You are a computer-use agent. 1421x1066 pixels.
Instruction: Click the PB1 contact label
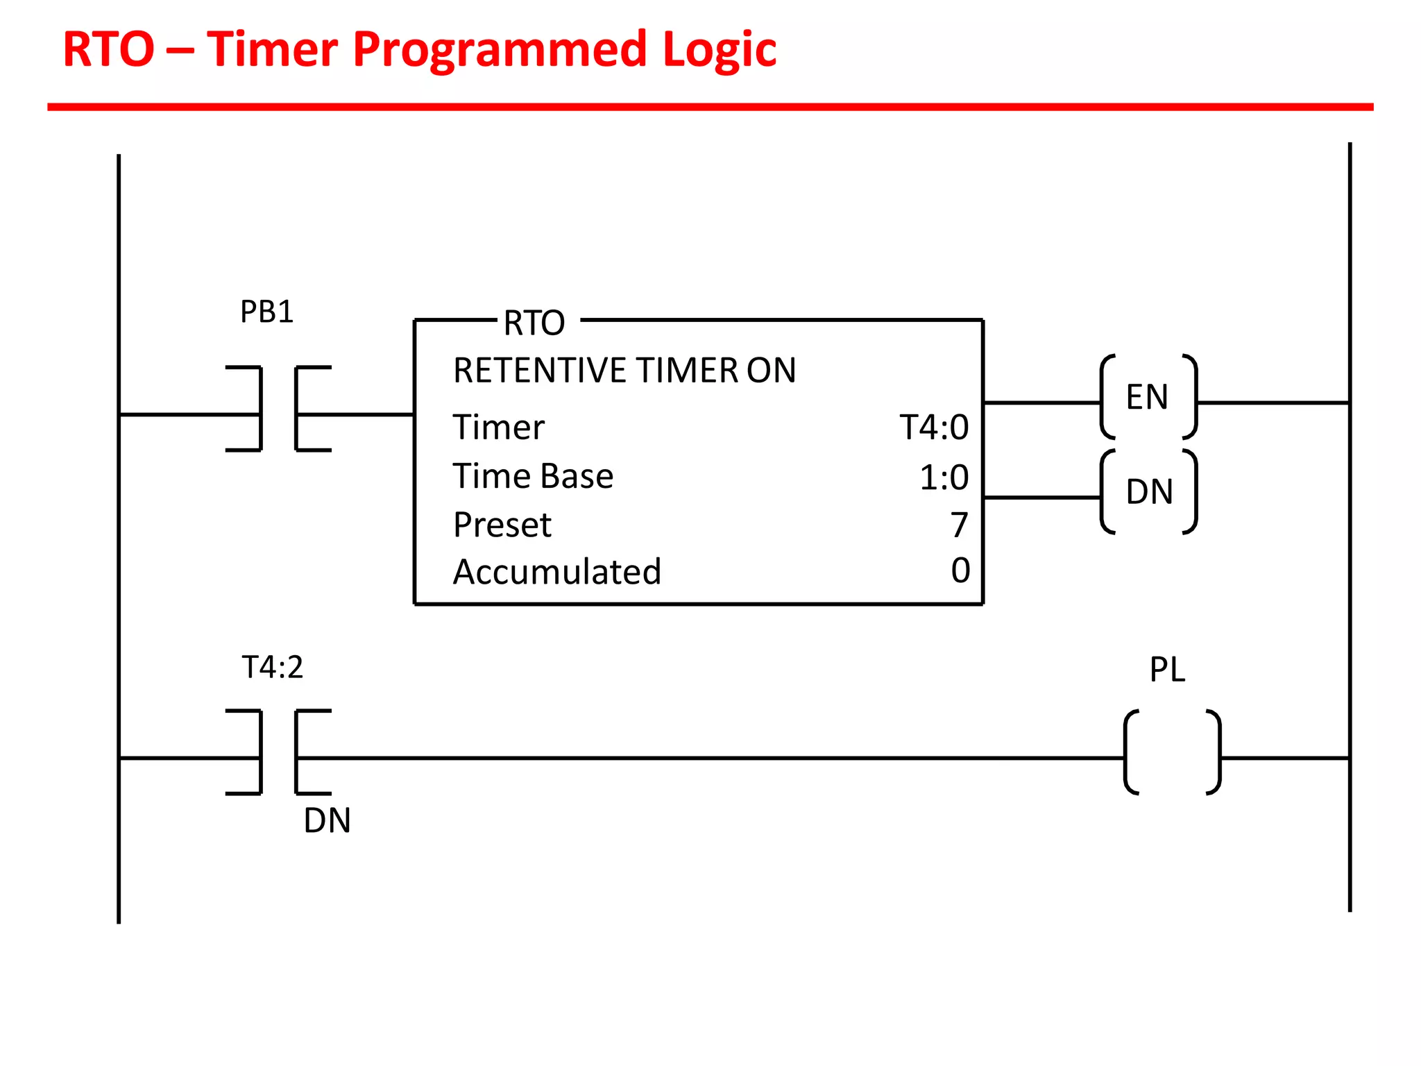pos(267,312)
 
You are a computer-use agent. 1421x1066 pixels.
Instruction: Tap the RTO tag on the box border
pos(534,323)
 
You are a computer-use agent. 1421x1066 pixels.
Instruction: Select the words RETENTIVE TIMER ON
pos(624,371)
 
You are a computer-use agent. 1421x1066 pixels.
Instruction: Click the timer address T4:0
pos(934,428)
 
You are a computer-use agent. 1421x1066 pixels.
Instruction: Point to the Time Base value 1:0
pos(944,477)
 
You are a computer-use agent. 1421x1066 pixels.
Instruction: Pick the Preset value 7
pos(959,525)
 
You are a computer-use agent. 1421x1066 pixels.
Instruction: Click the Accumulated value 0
pos(960,570)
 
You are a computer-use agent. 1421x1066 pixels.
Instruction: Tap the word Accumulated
pos(557,573)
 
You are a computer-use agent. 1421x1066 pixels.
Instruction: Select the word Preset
pos(502,525)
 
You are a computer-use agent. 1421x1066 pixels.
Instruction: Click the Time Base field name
pos(533,477)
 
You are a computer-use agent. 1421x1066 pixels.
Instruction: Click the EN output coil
pos(1148,398)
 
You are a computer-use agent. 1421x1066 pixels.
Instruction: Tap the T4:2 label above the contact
pos(273,668)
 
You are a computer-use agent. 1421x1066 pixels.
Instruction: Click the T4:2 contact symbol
pos(278,752)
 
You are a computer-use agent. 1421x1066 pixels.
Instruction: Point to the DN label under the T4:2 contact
pos(327,821)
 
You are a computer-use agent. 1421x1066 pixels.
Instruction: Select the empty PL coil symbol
pos(1172,752)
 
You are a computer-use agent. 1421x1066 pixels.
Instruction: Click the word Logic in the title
pos(720,50)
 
